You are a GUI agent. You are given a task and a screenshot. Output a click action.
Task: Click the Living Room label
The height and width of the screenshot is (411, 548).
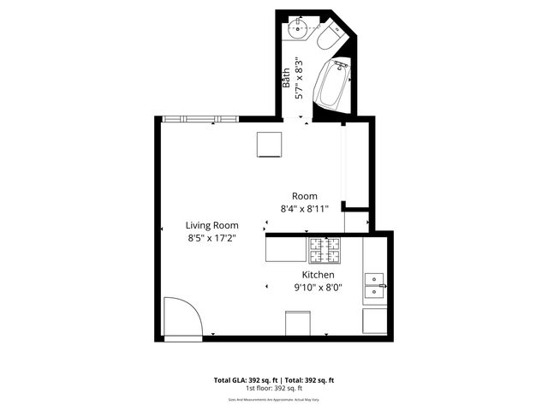tap(213, 226)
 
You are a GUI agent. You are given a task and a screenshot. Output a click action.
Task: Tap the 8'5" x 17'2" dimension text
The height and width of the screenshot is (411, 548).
tap(213, 239)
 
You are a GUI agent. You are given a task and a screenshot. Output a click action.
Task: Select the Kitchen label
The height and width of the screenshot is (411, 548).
tap(317, 275)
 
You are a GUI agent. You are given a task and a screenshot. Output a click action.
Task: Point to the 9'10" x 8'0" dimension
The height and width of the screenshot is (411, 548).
tap(317, 288)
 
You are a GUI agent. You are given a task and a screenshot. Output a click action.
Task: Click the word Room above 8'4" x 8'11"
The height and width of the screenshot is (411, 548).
tap(305, 195)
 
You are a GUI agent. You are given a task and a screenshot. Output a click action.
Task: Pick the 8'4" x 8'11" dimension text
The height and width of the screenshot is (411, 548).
tap(305, 208)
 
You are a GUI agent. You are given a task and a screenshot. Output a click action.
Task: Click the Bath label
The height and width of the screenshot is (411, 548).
tap(287, 79)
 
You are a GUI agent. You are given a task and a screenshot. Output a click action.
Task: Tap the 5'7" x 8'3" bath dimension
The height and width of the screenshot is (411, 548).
tap(299, 79)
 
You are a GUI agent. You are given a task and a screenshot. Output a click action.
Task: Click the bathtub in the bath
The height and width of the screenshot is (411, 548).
tap(334, 85)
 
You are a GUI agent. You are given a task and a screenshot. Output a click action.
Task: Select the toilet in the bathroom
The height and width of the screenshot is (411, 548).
tap(329, 39)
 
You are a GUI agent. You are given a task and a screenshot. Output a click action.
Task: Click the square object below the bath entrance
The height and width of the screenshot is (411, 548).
tap(270, 145)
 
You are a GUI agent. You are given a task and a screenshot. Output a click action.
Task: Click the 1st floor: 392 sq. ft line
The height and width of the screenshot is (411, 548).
tap(273, 388)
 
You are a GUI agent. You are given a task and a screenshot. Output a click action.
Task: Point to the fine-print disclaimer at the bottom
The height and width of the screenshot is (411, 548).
tap(273, 399)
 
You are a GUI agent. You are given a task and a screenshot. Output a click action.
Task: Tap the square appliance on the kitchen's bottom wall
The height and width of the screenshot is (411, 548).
tap(296, 323)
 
